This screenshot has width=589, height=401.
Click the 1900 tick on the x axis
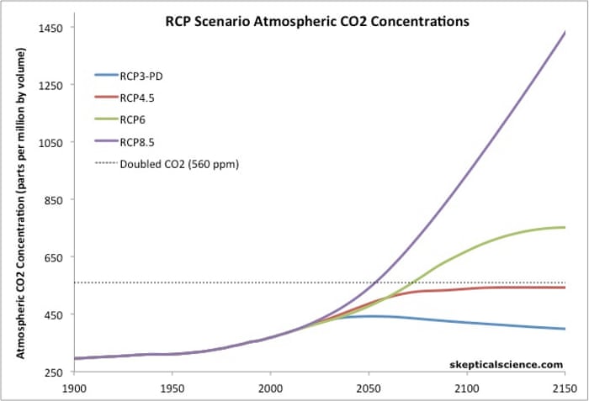tap(74, 389)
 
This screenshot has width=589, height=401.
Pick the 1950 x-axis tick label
tap(172, 389)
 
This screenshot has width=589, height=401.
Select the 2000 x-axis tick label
tap(270, 389)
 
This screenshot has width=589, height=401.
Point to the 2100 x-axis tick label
tap(466, 389)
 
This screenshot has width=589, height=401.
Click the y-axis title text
tap(21, 203)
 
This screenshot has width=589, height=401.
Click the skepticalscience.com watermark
tap(506, 363)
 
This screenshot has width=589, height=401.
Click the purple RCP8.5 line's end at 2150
tap(565, 32)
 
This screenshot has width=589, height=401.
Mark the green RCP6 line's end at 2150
tap(565, 227)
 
